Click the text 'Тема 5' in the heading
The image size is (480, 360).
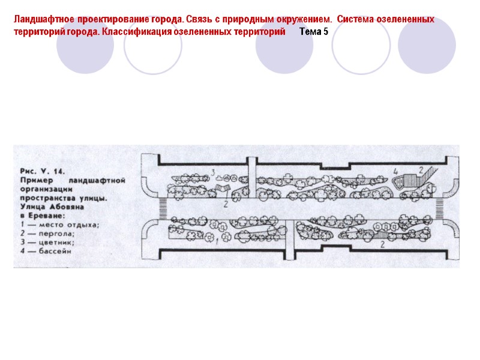coord(314,31)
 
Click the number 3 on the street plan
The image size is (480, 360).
coord(214,173)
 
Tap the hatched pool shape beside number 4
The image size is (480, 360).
coord(410,180)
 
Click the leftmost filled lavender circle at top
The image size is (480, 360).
coord(85,46)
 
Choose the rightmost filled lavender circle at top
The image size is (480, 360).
coord(427,46)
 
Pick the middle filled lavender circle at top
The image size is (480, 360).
coord(284,46)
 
